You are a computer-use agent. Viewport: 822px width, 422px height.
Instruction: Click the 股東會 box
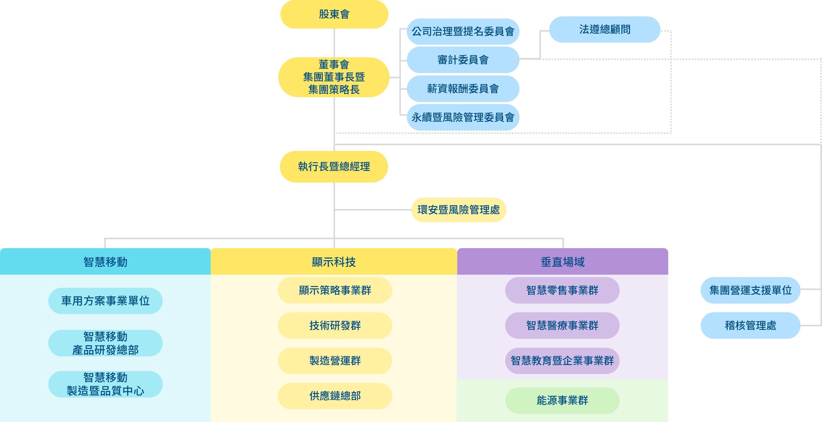(x=334, y=14)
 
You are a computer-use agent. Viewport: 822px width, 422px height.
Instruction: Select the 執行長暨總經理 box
(x=334, y=167)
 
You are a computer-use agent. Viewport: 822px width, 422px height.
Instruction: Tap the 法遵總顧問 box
(x=605, y=29)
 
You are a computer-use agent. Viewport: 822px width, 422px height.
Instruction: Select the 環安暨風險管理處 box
(x=459, y=210)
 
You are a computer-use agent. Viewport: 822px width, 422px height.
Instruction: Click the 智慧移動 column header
(x=105, y=262)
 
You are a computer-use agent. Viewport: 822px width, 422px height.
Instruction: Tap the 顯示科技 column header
(x=334, y=262)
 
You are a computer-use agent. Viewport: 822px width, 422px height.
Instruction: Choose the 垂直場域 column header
(x=563, y=262)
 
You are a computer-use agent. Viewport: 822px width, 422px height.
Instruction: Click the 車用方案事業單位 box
(x=105, y=301)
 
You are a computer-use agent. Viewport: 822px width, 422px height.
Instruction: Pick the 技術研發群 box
(x=335, y=326)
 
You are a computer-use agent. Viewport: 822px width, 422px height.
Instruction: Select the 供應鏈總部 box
(x=335, y=396)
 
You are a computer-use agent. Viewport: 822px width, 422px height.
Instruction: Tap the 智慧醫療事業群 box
(x=562, y=326)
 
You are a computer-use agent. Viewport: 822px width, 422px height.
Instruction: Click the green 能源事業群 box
(x=562, y=400)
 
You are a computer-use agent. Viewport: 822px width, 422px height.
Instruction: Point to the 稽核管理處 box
(x=750, y=326)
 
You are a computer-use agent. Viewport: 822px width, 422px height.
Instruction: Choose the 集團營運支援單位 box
(x=750, y=290)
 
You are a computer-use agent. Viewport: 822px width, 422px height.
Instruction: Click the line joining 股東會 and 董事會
(x=334, y=43)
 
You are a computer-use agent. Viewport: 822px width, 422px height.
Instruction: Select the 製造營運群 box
(x=335, y=361)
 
